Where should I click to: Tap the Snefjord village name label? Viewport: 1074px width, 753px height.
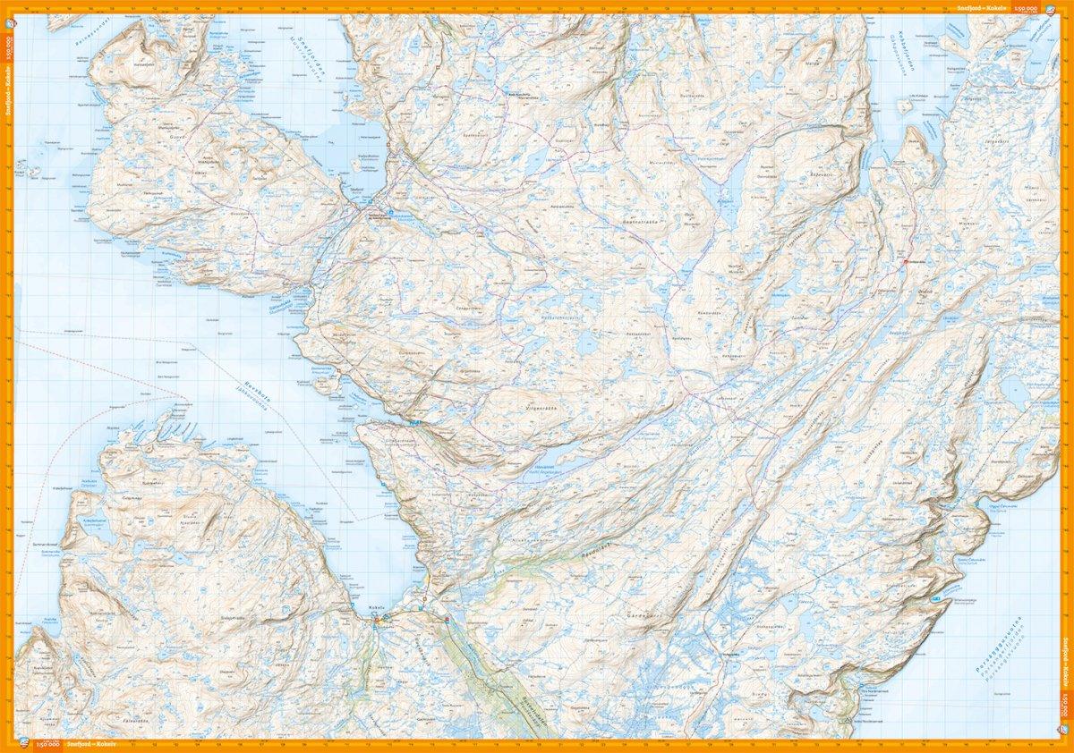(356, 190)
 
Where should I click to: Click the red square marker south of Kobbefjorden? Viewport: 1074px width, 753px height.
(903, 262)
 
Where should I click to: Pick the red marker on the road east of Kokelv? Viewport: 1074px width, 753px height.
(446, 618)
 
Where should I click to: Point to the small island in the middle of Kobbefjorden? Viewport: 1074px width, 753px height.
(906, 106)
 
